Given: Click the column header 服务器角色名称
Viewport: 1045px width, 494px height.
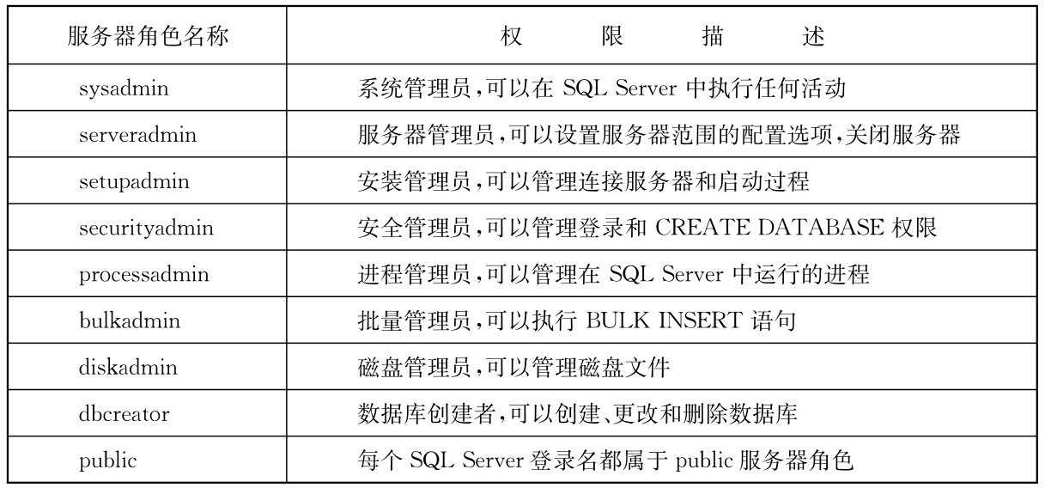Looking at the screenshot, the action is tap(148, 38).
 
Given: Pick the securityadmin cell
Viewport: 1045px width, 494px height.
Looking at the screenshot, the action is tap(146, 229).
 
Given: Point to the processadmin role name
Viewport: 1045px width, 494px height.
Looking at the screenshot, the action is tap(143, 275).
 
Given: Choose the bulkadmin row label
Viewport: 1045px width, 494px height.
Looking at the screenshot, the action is tap(129, 321).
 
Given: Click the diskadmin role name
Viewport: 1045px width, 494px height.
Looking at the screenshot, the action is tap(128, 368).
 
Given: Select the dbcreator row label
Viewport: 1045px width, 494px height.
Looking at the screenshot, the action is tap(124, 414).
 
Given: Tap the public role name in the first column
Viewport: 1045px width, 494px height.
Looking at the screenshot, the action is tap(107, 460).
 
